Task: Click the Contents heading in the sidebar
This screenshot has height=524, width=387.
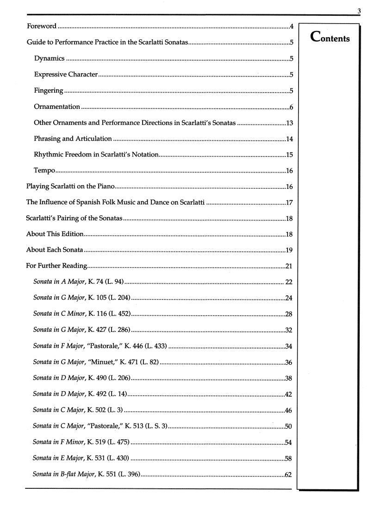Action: (x=331, y=37)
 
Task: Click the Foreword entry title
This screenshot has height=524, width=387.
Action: (x=42, y=26)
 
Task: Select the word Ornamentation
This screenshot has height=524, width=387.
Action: (x=57, y=107)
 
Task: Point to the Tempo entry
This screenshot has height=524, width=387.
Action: (x=45, y=171)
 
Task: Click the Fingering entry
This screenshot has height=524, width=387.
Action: (x=49, y=91)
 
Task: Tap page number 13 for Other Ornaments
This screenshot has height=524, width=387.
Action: (x=290, y=123)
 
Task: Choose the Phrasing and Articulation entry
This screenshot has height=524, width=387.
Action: (x=73, y=139)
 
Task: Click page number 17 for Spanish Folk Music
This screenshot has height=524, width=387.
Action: (x=290, y=203)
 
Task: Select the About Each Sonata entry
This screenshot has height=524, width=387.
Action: (x=55, y=250)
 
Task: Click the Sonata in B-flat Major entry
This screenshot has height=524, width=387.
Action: (x=86, y=474)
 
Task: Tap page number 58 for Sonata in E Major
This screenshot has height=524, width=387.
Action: (x=288, y=458)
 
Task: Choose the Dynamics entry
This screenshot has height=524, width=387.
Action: (x=49, y=59)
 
